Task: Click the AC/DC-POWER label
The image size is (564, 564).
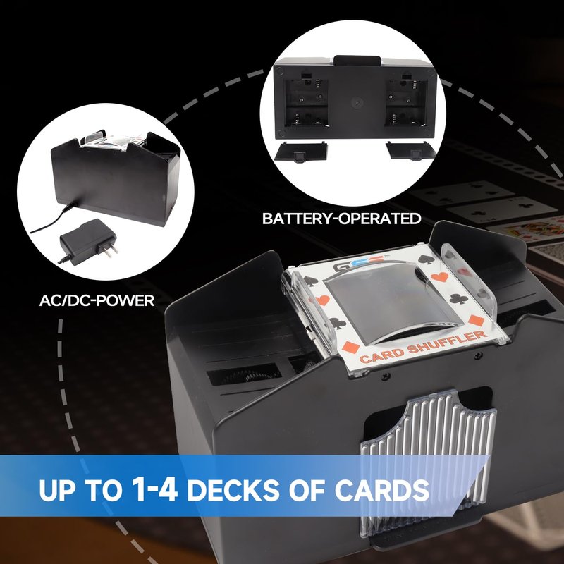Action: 97,300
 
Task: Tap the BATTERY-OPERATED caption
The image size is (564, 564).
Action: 342,219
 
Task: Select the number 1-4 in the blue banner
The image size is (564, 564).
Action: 154,489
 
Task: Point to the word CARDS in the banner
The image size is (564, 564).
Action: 382,490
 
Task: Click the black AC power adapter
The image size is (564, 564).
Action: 88,242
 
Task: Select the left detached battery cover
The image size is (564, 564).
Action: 302,152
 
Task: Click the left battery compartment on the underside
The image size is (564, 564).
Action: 306,103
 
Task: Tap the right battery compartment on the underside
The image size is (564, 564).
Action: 406,103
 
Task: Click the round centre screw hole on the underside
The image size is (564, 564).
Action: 357,102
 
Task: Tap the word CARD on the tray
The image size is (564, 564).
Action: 382,355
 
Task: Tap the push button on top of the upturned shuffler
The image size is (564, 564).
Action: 357,61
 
